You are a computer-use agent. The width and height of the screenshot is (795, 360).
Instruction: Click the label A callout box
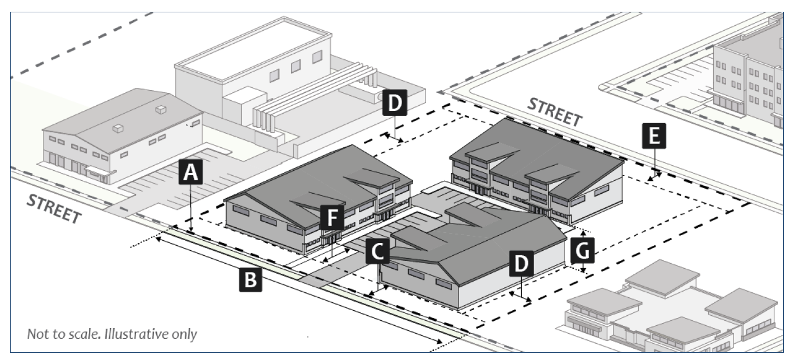coord(191,173)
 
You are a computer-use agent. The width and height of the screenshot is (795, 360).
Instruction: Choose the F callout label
coord(332,217)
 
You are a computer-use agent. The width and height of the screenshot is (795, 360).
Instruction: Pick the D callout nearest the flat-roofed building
coord(395,104)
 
